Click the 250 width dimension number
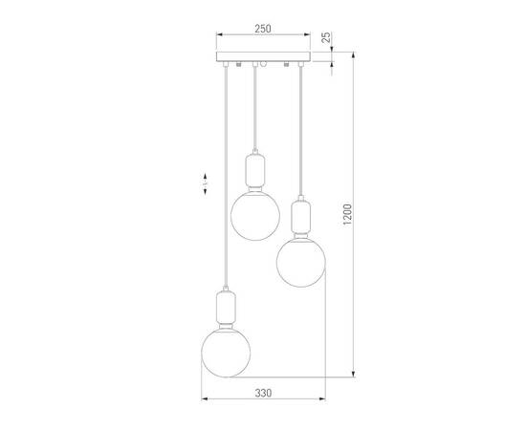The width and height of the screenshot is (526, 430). [x=263, y=29]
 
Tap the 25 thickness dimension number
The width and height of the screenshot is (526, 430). [x=326, y=37]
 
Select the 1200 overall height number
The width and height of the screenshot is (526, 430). [x=347, y=214]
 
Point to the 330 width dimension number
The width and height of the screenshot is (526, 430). [x=263, y=393]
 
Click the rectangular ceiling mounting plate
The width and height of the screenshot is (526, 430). [x=263, y=56]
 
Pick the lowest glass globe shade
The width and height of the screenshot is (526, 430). [x=226, y=353]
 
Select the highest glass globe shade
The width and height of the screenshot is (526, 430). [x=255, y=216]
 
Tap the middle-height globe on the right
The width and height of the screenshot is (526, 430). [x=301, y=263]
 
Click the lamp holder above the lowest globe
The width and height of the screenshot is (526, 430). [x=226, y=307]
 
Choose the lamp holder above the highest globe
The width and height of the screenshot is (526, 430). [x=255, y=171]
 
